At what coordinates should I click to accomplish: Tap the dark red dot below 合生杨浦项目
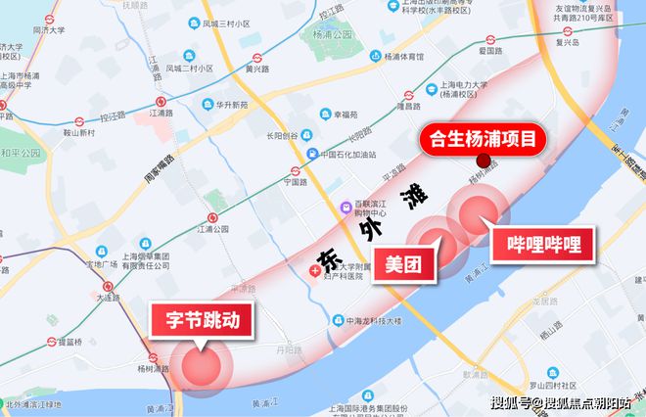(482, 162)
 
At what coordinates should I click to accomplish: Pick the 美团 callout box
(403, 262)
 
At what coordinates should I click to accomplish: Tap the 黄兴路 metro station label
(256, 69)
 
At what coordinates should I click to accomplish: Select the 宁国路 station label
(296, 182)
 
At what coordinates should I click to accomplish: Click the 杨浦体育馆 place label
(388, 58)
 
